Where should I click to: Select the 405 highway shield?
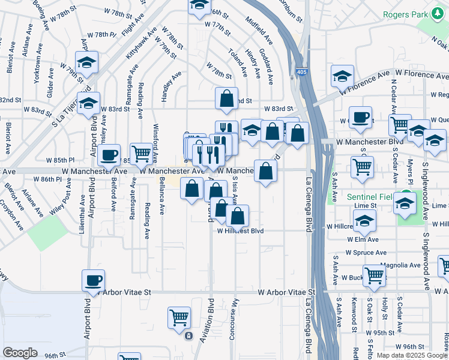[x=299, y=72]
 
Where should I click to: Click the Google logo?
[x=20, y=352]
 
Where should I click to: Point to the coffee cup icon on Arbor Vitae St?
[x=93, y=280]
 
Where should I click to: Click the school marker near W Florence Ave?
[x=342, y=76]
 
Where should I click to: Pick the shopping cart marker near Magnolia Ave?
[x=373, y=275]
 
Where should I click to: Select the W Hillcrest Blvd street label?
[x=241, y=230]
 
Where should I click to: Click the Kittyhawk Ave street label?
[x=140, y=40]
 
